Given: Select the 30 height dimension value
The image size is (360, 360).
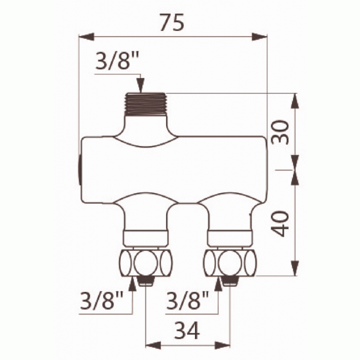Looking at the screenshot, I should point(283,131).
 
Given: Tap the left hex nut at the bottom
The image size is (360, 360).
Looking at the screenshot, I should point(145,261).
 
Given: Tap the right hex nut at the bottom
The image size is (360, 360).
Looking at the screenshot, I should point(231,261).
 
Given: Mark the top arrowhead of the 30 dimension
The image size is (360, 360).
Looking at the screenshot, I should point(296,100).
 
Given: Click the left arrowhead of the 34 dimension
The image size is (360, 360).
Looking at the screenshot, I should point(153,346).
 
